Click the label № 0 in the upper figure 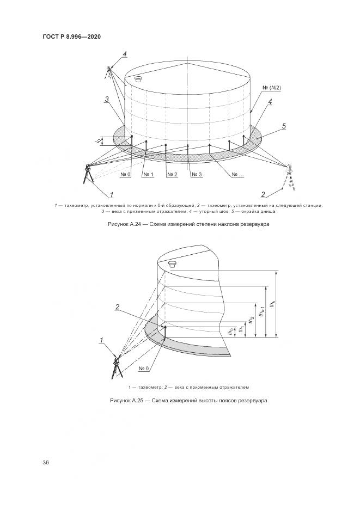click(x=125, y=174)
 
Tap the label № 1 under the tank click(x=149, y=174)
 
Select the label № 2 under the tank click(x=173, y=174)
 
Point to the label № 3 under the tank click(x=197, y=174)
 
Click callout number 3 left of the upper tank click(x=107, y=99)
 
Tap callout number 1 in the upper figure click(x=111, y=194)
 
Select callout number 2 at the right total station click(x=263, y=194)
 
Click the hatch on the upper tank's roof click(x=138, y=78)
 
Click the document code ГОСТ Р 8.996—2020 click(x=71, y=36)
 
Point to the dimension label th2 click(x=252, y=321)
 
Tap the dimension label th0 click(x=231, y=331)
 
